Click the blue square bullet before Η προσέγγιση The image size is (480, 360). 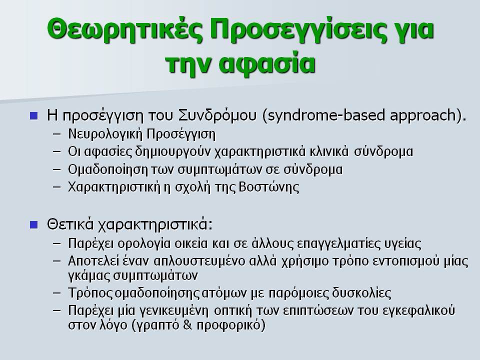point(34,115)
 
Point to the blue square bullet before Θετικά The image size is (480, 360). point(34,225)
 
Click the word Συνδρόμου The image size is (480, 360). point(217,115)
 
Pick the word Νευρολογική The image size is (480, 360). point(105,134)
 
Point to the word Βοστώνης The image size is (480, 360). point(268,187)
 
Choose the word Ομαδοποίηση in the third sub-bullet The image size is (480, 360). point(108,170)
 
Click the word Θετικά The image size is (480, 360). point(70,224)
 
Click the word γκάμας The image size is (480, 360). point(89,275)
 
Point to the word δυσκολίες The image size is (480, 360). point(361,293)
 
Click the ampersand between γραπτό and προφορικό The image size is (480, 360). point(187,324)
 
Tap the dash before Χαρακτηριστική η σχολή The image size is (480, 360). point(57,186)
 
